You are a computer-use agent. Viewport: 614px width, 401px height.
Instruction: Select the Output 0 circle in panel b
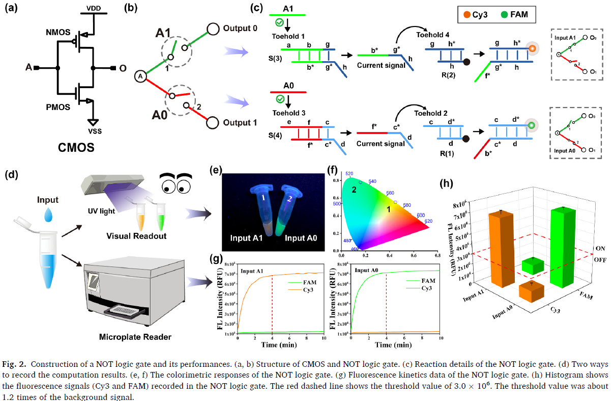(212, 29)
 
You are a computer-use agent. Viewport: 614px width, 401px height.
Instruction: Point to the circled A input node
(140, 76)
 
